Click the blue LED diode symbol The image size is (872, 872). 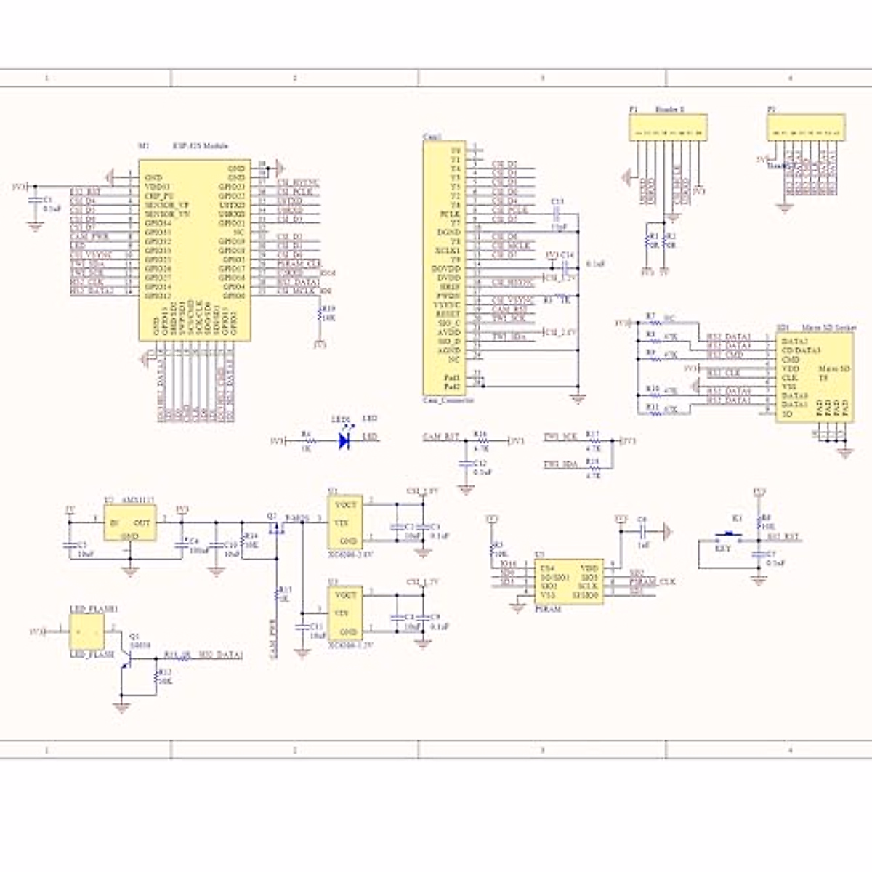[344, 440]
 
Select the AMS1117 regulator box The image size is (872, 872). [129, 523]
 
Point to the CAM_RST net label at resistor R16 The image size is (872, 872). [441, 437]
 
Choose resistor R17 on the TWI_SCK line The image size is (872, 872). [593, 440]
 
